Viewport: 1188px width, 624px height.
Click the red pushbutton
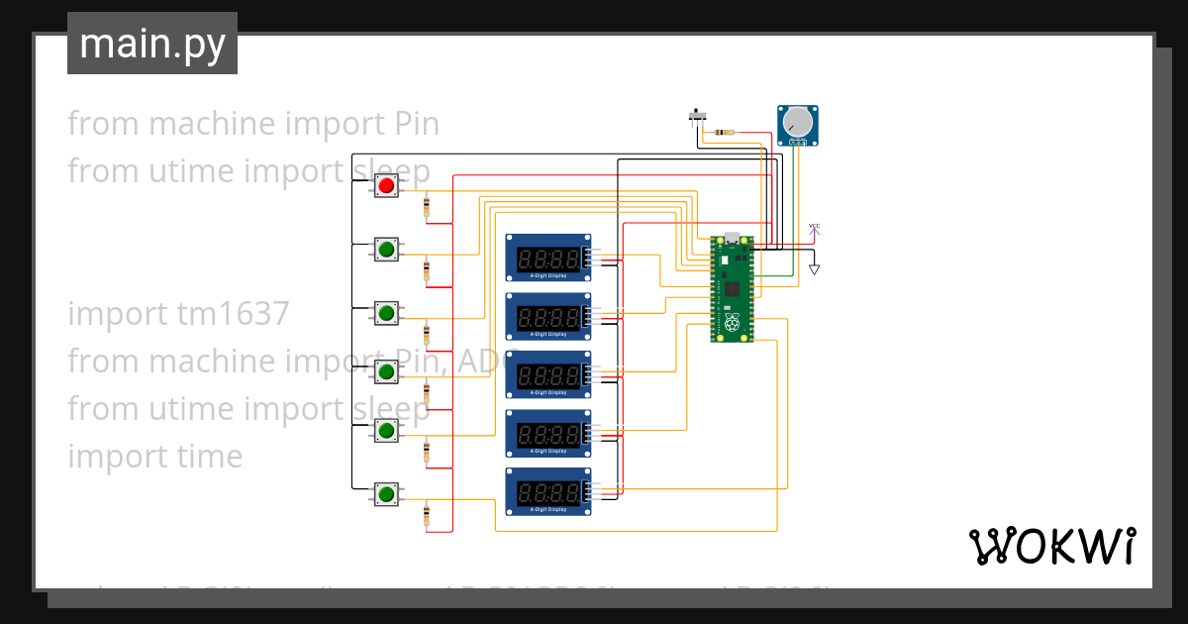[x=386, y=185]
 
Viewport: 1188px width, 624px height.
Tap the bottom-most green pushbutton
[x=386, y=493]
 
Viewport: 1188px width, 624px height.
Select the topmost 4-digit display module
[x=549, y=258]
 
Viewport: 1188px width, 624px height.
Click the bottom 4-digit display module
[x=549, y=491]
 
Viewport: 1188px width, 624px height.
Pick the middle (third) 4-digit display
[x=549, y=374]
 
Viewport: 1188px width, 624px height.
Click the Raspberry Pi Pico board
[x=732, y=288]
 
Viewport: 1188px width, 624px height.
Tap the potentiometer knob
[x=797, y=123]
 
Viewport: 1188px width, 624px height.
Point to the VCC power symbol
[x=814, y=229]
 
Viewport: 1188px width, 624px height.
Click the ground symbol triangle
[x=814, y=268]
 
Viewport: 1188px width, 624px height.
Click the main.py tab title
[x=152, y=44]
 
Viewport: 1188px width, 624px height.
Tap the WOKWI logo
[x=1051, y=546]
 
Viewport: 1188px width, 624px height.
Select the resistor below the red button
[x=427, y=207]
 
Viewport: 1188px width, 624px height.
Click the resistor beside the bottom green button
[x=427, y=515]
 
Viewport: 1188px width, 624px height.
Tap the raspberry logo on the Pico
[x=732, y=323]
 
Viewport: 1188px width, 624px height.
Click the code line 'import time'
[x=154, y=457]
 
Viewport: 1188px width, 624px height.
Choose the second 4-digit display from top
[x=549, y=316]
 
